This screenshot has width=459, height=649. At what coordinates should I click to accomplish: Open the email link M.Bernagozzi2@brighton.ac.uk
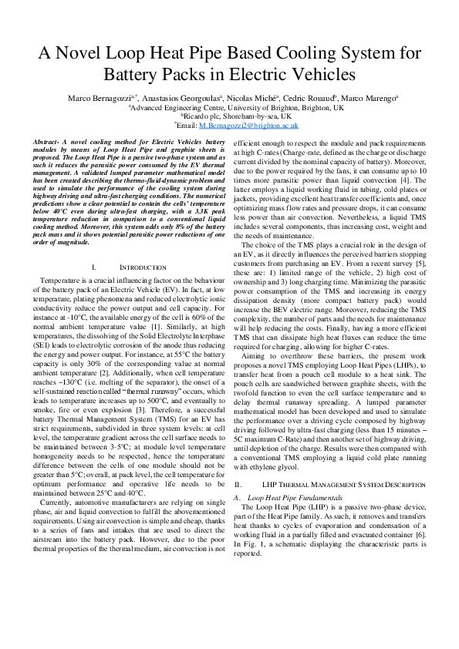coord(248,124)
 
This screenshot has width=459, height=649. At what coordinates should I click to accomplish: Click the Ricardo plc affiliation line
coord(228,116)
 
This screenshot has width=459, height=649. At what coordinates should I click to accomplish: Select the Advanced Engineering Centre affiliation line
coord(229,107)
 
